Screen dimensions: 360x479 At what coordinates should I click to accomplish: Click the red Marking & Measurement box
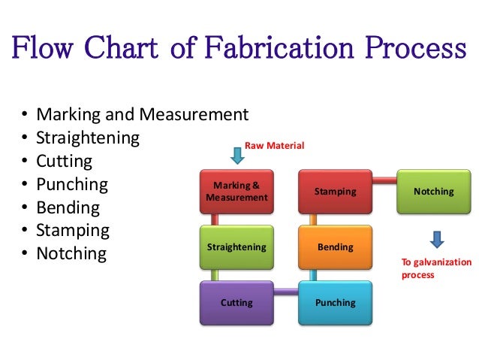[236, 192]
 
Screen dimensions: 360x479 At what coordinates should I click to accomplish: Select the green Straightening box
[236, 247]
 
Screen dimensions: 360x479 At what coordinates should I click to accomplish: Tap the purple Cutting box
[236, 302]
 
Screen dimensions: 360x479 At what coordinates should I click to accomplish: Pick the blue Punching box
[336, 302]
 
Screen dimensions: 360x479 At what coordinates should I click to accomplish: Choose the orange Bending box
[336, 247]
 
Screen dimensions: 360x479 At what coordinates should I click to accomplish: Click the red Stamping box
[336, 192]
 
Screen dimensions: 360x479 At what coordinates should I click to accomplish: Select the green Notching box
[433, 192]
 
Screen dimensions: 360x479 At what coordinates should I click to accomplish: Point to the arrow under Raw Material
[237, 156]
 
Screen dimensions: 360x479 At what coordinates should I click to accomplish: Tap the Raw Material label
[275, 144]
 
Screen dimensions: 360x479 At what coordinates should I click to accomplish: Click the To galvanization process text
[436, 268]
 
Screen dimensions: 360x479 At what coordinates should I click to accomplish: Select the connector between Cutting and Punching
[286, 292]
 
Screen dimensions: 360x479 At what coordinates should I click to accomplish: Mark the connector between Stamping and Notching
[384, 180]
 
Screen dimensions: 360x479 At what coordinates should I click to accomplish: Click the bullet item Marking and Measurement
[142, 115]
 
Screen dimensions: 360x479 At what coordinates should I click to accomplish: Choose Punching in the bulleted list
[72, 184]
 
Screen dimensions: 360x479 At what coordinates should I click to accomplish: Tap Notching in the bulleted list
[71, 253]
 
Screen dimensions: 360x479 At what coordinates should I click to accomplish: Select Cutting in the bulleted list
[65, 161]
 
